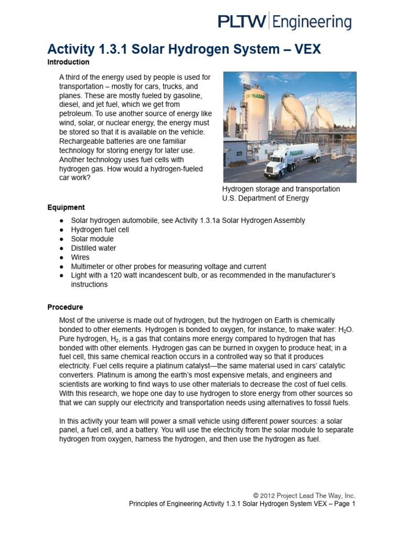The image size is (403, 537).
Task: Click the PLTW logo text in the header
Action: point(242,22)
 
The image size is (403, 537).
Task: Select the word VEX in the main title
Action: point(304,50)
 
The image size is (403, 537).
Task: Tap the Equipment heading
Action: point(66,207)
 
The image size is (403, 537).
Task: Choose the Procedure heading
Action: point(65,307)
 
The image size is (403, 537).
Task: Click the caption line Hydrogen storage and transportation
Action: point(281,189)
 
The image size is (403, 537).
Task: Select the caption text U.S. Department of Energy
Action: point(266,198)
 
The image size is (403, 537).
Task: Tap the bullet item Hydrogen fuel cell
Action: point(100,230)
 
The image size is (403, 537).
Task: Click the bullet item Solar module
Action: point(92,239)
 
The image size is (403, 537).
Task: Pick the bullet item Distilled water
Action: point(94,248)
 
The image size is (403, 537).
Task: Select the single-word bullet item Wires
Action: point(80,257)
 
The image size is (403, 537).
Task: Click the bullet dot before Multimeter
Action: point(62,266)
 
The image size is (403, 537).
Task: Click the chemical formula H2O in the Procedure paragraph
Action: point(346,329)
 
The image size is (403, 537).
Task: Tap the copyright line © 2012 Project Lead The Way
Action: point(304,495)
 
